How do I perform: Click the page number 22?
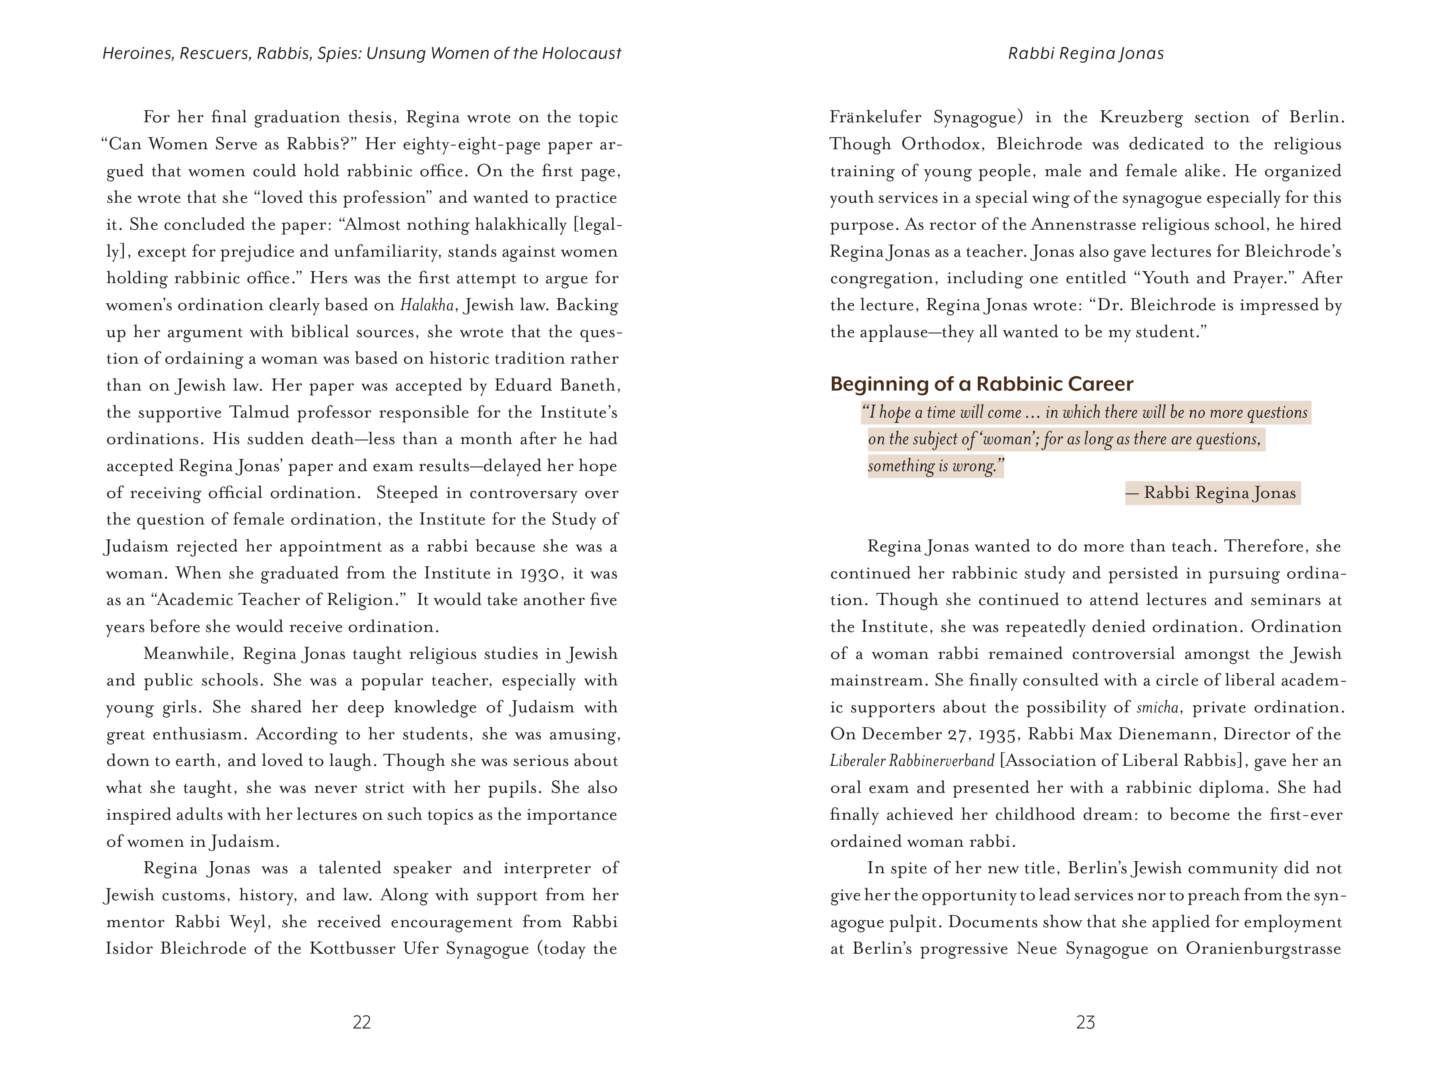click(x=361, y=1022)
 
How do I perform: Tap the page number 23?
click(x=1085, y=1022)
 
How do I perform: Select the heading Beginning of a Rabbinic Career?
click(x=981, y=384)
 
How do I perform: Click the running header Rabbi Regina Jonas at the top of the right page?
click(x=1085, y=53)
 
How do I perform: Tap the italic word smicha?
click(x=1159, y=708)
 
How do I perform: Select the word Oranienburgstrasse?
click(x=1263, y=949)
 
